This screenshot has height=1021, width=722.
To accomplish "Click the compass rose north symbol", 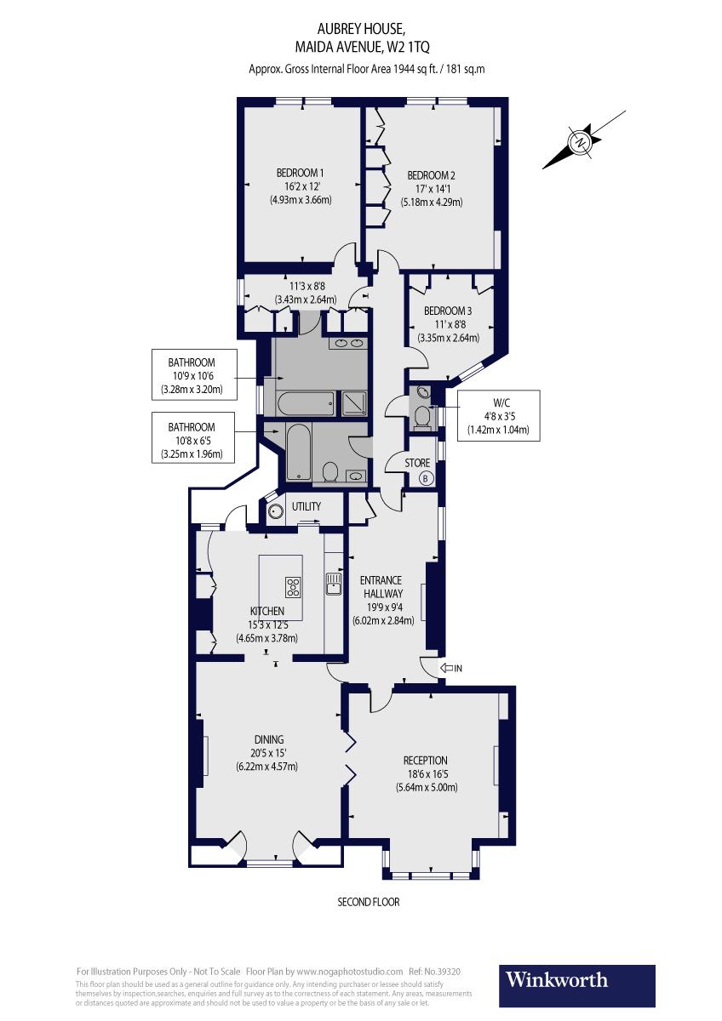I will pyautogui.click(x=581, y=141).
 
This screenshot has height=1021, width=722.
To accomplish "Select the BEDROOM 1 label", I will pyautogui.click(x=300, y=173).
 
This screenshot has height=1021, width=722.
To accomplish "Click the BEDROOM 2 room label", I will pyautogui.click(x=432, y=175).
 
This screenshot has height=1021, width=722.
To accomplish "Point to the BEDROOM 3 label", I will pyautogui.click(x=448, y=311).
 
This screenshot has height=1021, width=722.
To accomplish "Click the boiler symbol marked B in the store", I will pyautogui.click(x=427, y=478).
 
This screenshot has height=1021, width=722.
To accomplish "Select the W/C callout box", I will pyautogui.click(x=498, y=415).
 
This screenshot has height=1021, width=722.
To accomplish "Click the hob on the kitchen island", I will pyautogui.click(x=294, y=586).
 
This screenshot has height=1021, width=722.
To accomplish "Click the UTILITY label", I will pyautogui.click(x=307, y=506).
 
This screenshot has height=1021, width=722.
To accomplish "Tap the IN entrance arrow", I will pyautogui.click(x=451, y=669).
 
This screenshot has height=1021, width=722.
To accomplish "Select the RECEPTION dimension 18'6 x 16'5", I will pyautogui.click(x=427, y=773).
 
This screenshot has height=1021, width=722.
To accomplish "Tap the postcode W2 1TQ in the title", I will pyautogui.click(x=415, y=48).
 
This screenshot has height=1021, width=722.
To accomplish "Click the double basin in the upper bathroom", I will pyautogui.click(x=349, y=344).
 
